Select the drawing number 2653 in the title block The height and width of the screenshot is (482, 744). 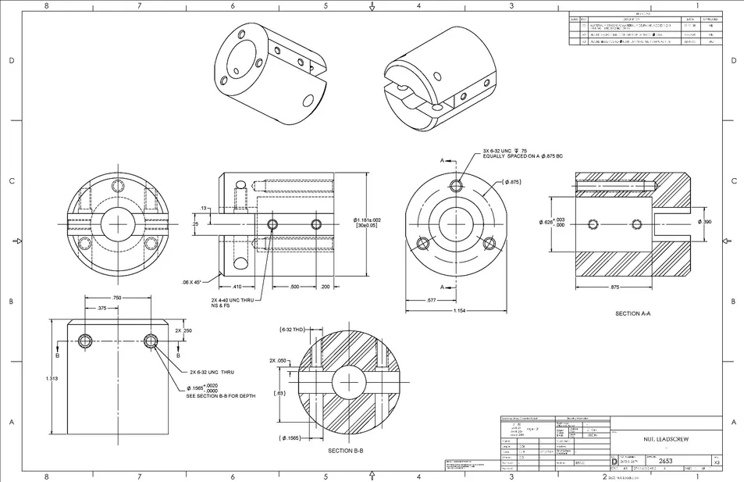click(666, 461)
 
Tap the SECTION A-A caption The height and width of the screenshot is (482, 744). click(633, 313)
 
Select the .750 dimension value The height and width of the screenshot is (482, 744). click(117, 298)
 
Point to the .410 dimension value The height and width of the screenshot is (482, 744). click(237, 287)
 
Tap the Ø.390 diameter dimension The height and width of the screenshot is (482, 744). click(705, 222)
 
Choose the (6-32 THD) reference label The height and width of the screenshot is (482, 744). click(292, 330)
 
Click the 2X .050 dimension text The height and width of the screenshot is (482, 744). click(278, 361)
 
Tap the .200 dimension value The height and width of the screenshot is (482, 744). click(325, 287)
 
